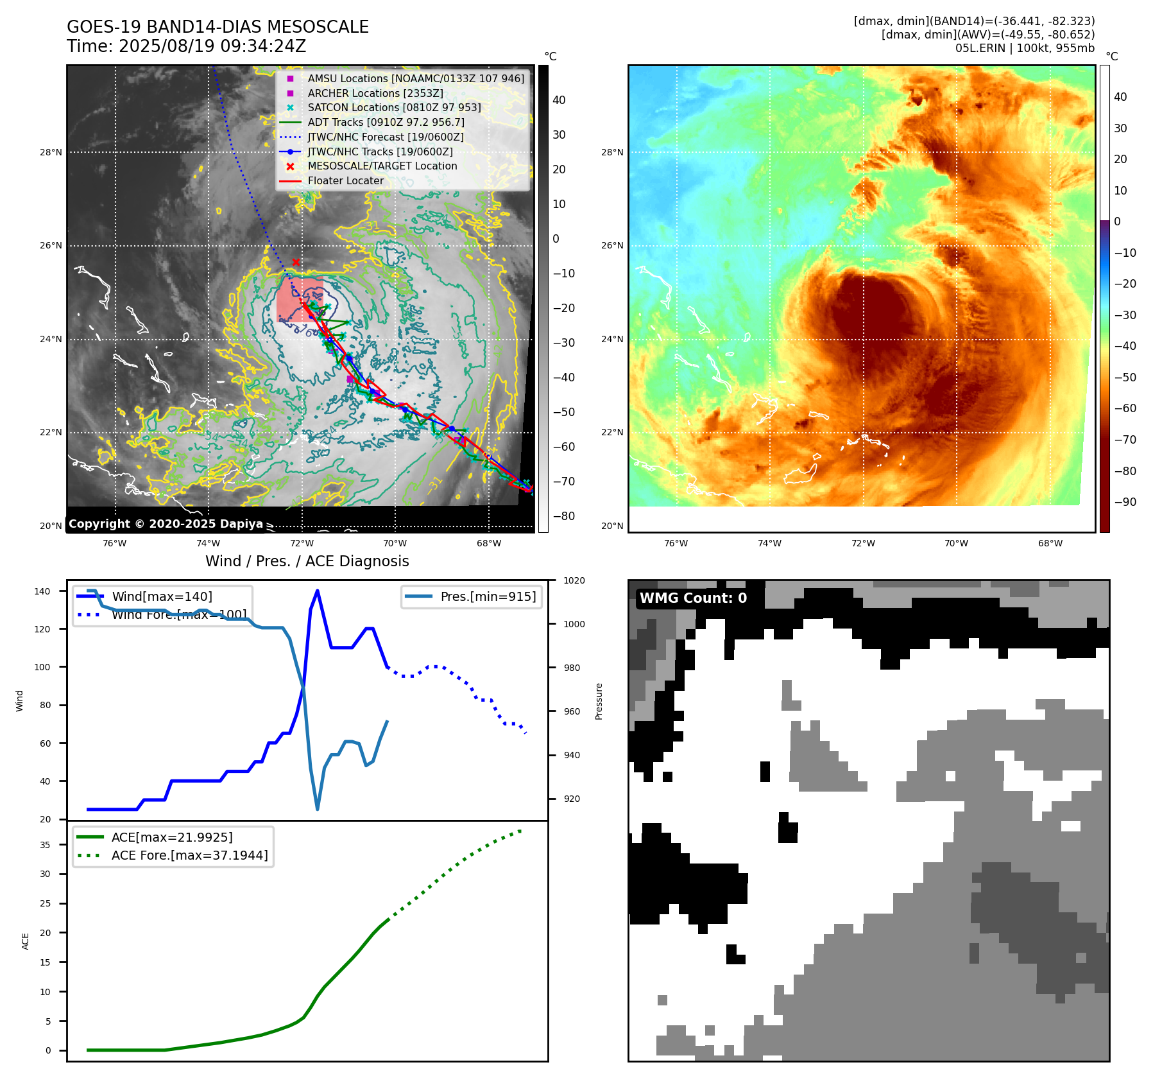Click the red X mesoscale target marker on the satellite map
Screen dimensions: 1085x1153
pyautogui.click(x=296, y=262)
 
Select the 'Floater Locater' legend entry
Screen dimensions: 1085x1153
pyautogui.click(x=345, y=181)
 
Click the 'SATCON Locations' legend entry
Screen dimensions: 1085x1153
pyautogui.click(x=394, y=108)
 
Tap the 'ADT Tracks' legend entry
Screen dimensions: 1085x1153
pyautogui.click(x=386, y=123)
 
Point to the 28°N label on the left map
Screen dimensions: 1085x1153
pyautogui.click(x=51, y=153)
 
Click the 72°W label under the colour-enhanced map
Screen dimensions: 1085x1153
pyautogui.click(x=863, y=544)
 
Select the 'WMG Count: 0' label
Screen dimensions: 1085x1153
pyautogui.click(x=693, y=598)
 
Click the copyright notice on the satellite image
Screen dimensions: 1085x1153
pyautogui.click(x=166, y=524)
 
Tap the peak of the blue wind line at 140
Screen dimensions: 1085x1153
pyautogui.click(x=318, y=591)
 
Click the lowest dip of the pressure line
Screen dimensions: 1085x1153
pyautogui.click(x=317, y=809)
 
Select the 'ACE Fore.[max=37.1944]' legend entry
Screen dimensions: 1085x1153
pyautogui.click(x=189, y=856)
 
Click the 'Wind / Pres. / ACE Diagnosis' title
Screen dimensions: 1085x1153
pyautogui.click(x=307, y=562)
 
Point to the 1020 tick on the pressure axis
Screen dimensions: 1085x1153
pyautogui.click(x=574, y=581)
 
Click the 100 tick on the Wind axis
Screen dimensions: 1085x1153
pyautogui.click(x=42, y=668)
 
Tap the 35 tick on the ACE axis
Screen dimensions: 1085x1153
pyautogui.click(x=45, y=846)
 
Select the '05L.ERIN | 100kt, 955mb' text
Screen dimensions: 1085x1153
pyautogui.click(x=1025, y=48)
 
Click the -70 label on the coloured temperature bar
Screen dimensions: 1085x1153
pyautogui.click(x=1125, y=440)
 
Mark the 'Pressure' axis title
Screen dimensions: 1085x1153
pyautogui.click(x=599, y=701)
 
